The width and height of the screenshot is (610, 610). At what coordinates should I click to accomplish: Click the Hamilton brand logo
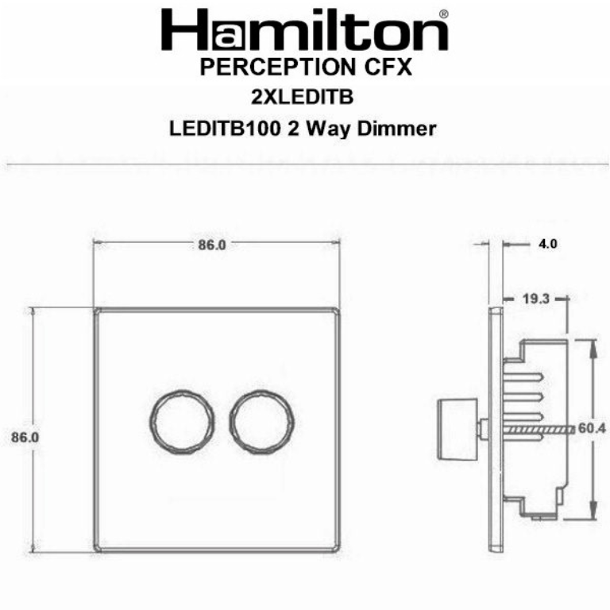tap(304, 31)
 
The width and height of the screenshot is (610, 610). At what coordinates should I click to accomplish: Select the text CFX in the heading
tap(388, 68)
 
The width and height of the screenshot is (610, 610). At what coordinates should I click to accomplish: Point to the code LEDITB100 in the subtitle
tap(222, 129)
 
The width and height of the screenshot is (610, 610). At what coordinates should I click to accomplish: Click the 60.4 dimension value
tap(592, 428)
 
